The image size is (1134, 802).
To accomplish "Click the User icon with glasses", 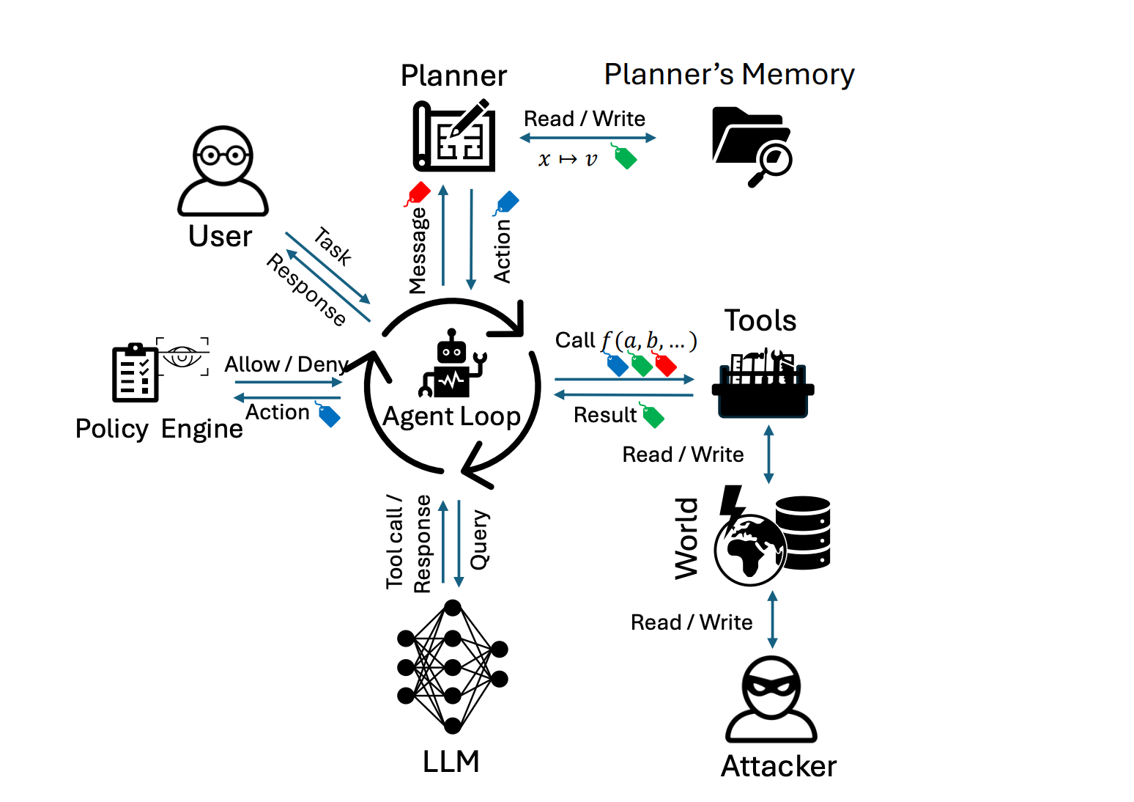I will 223,171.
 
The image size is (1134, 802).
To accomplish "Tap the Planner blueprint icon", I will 454,136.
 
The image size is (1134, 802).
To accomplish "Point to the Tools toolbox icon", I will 763,384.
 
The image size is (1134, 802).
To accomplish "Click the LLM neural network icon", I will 452,666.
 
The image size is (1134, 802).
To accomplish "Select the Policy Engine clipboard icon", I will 136,372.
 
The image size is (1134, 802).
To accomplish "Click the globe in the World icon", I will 749,550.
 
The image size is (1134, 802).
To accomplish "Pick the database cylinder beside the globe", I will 804,532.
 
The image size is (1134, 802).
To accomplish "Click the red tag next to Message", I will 418,194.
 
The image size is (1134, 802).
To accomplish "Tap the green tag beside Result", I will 652,416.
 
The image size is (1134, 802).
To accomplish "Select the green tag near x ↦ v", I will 624,157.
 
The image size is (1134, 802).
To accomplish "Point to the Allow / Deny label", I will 286,364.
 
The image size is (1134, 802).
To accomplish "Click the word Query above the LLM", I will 479,540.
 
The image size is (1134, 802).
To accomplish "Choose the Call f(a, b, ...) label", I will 626,340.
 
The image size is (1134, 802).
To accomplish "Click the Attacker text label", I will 778,766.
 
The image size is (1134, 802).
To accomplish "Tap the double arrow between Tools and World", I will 768,455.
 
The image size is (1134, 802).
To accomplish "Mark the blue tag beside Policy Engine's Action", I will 329,415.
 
